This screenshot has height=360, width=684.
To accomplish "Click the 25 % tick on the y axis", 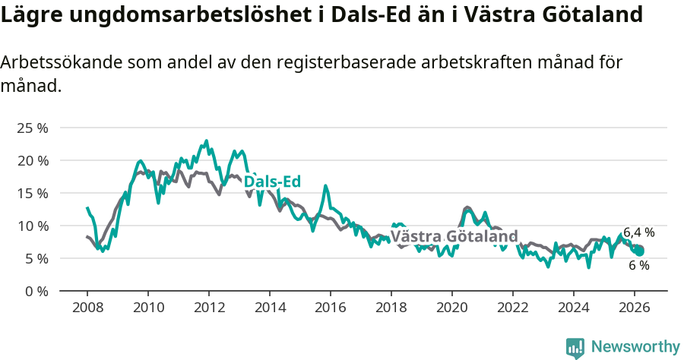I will click(32, 128).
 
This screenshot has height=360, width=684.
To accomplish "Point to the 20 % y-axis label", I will click(32, 160).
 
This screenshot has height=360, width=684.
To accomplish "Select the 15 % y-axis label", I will click(32, 193).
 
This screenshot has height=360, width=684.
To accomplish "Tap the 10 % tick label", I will click(32, 226).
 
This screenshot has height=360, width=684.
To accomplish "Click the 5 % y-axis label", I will click(35, 258).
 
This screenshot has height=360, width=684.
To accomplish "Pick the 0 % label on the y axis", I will click(35, 291).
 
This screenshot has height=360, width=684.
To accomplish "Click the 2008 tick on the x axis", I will click(87, 307).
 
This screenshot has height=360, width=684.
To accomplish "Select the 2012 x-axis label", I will click(208, 307).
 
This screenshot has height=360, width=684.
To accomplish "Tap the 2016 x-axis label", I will click(331, 307).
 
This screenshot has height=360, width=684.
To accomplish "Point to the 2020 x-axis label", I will click(452, 307).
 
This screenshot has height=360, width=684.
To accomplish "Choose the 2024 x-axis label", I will click(574, 307).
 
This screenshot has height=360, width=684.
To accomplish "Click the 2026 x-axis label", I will click(635, 307).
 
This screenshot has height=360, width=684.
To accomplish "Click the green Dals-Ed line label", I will click(272, 182).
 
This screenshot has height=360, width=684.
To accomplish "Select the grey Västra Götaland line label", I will click(454, 236).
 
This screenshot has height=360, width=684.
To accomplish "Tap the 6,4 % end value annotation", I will click(638, 232).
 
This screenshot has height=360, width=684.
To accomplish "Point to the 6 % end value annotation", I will click(638, 265).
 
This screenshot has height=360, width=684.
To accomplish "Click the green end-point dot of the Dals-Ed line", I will click(639, 251).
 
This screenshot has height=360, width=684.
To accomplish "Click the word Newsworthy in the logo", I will click(635, 347).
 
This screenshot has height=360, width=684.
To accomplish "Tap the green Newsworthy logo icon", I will click(575, 348).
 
